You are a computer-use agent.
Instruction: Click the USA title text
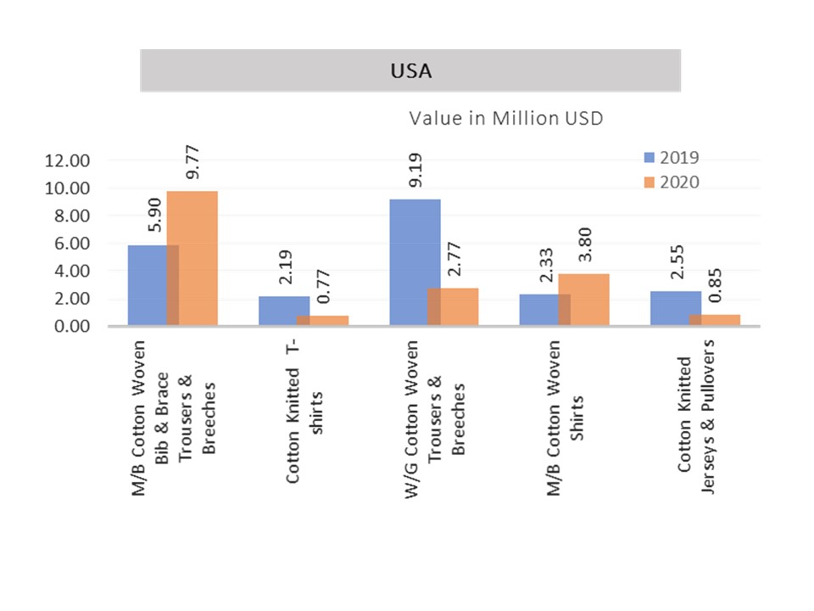410,71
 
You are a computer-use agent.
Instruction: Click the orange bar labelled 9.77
192,258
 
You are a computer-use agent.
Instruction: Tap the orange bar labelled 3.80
585,300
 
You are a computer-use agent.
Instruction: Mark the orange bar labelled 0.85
715,320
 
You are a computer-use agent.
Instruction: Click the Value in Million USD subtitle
506,118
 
